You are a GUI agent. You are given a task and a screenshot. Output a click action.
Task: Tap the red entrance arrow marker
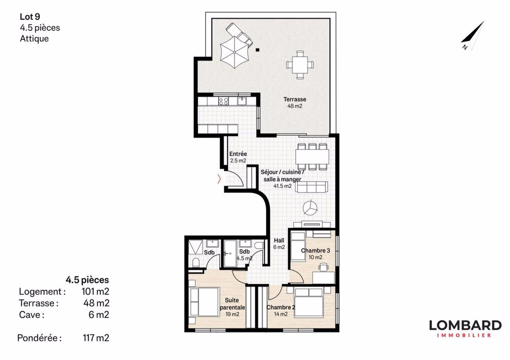219,178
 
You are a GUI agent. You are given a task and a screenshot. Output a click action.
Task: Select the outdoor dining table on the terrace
299,64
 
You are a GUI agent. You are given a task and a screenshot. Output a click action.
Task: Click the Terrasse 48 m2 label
295,103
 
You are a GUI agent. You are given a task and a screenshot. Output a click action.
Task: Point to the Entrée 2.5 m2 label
238,157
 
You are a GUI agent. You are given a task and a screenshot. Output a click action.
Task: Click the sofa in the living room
312,187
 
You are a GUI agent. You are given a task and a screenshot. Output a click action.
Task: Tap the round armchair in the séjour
310,208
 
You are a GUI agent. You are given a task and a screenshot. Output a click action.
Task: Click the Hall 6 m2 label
279,244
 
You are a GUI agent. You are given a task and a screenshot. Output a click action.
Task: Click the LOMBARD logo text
465,325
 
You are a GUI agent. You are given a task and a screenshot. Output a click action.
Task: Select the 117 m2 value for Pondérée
96,338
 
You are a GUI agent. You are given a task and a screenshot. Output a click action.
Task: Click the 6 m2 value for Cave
99,315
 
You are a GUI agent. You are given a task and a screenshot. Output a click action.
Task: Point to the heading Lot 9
30,17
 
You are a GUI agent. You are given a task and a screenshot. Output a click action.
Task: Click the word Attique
34,38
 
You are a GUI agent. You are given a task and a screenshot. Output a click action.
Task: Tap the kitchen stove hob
223,101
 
